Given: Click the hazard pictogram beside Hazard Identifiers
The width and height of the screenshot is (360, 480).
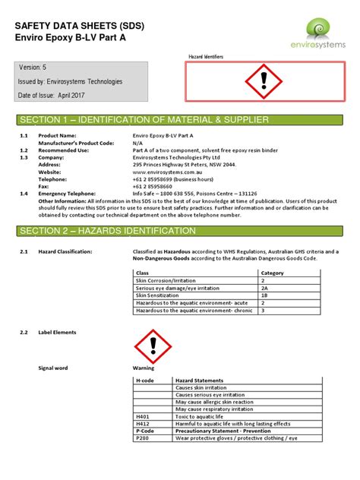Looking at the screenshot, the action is (264, 80).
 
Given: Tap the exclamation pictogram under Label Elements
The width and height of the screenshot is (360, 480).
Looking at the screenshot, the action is (153, 347).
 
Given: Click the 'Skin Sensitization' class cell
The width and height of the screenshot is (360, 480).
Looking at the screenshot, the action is (159, 295).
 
